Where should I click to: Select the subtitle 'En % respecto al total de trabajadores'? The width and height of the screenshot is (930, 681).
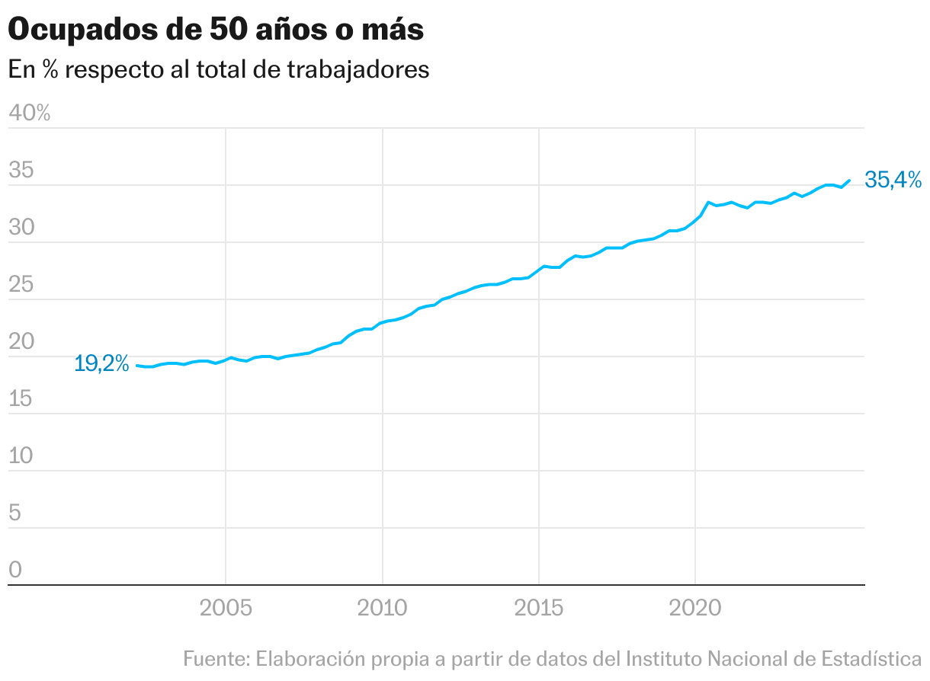(x=219, y=69)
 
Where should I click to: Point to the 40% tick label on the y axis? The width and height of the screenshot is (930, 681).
(x=29, y=113)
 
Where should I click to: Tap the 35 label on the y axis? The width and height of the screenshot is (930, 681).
(x=21, y=171)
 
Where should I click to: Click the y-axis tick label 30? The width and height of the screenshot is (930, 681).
(x=21, y=228)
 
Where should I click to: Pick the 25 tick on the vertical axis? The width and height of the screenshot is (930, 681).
(x=21, y=285)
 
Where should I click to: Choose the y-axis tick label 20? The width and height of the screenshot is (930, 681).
(x=21, y=342)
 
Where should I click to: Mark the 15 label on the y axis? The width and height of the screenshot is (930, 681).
(x=21, y=399)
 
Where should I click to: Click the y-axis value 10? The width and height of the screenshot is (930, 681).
(x=21, y=456)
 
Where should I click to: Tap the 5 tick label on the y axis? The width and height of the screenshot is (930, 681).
(x=14, y=513)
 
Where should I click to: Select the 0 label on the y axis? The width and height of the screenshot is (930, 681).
(x=14, y=571)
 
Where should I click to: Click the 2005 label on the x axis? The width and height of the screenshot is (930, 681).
(x=226, y=609)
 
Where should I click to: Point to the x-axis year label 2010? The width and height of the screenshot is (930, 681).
(x=382, y=609)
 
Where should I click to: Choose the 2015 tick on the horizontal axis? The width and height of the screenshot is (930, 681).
(x=539, y=609)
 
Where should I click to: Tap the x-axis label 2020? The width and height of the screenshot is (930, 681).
(x=695, y=609)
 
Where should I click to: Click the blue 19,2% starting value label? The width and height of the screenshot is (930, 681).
(x=101, y=364)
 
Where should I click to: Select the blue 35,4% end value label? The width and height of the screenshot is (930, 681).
(x=893, y=181)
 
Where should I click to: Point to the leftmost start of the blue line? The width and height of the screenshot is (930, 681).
(x=137, y=366)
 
